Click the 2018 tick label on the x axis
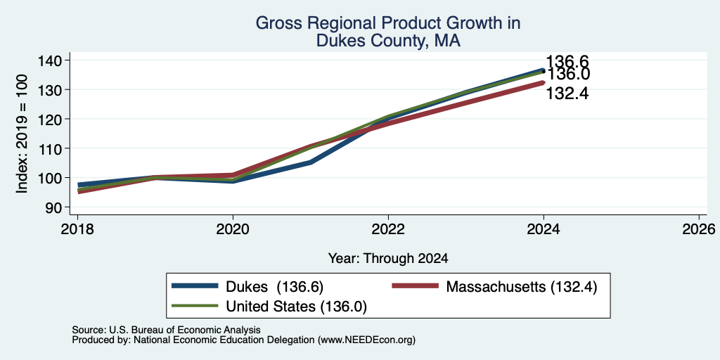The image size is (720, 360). [77, 229]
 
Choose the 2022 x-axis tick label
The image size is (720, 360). [388, 229]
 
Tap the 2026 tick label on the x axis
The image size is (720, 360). [699, 229]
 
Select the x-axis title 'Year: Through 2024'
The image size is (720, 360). [388, 259]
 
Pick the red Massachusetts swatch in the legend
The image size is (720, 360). [415, 286]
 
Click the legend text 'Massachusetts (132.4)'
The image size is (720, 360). [522, 287]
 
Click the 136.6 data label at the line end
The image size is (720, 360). [567, 62]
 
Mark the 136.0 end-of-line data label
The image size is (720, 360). [568, 74]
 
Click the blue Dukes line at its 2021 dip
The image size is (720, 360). [311, 162]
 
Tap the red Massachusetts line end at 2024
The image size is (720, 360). [544, 83]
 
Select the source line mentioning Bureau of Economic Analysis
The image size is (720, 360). [166, 330]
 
